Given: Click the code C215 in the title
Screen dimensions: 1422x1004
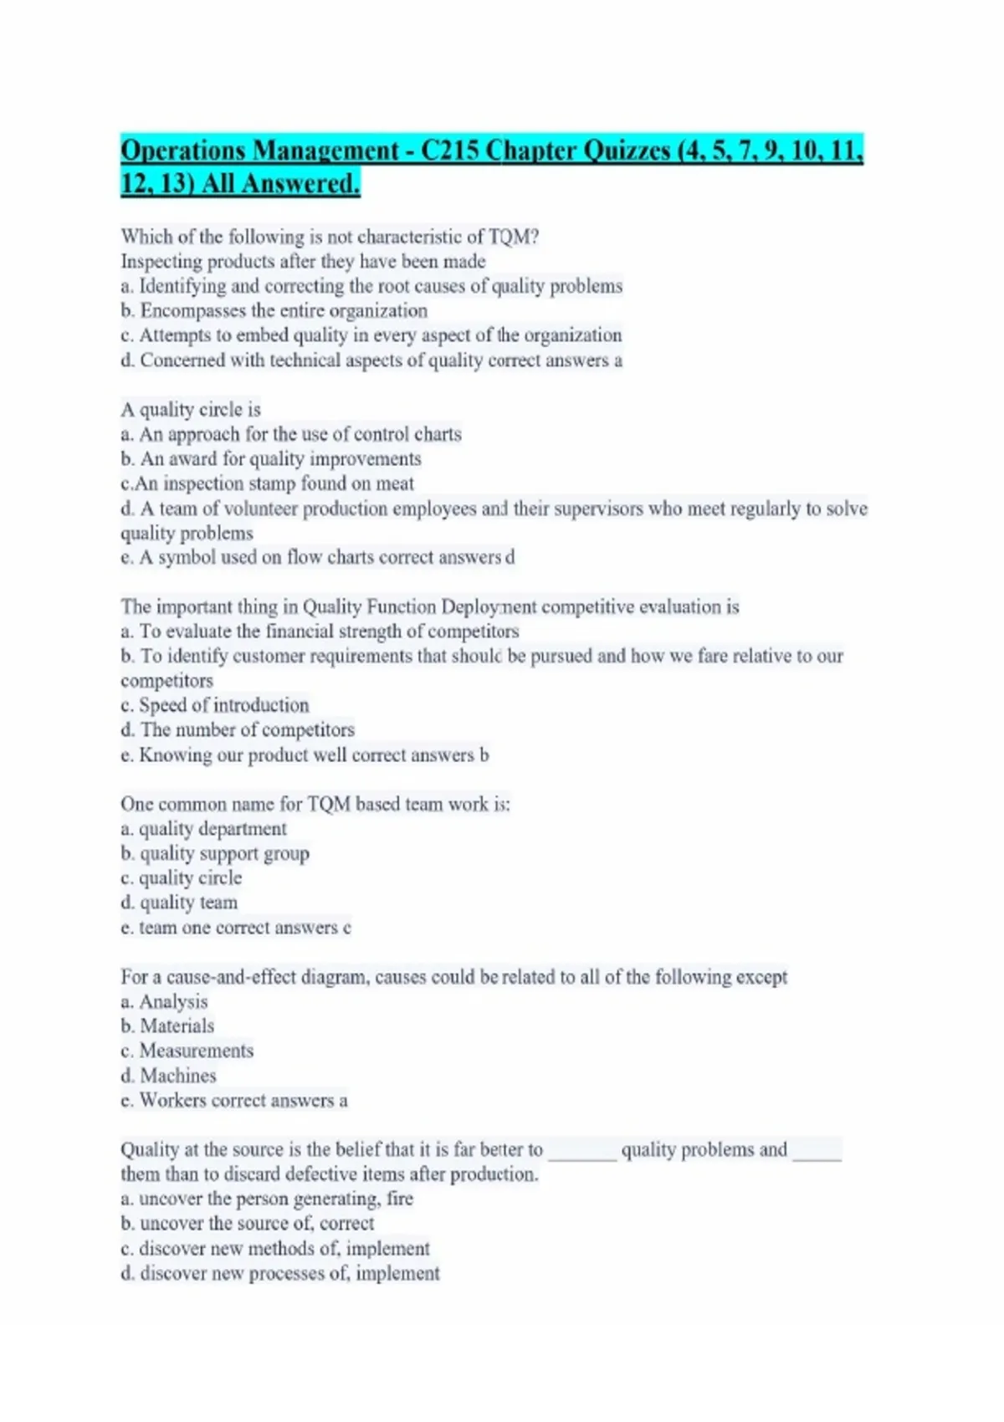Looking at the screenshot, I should click(x=450, y=151).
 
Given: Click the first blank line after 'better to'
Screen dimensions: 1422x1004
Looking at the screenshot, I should click(x=582, y=1155).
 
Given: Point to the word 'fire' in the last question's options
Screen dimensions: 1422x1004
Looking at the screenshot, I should click(x=400, y=1199).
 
